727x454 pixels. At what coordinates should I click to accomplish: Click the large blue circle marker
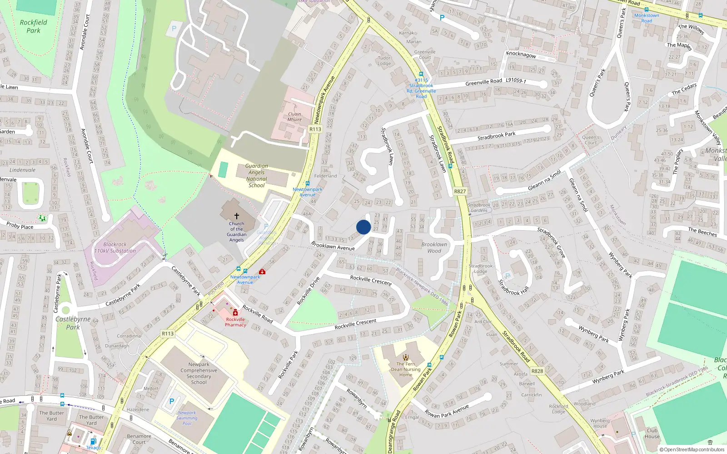click(363, 227)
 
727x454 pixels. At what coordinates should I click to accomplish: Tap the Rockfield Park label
click(33, 26)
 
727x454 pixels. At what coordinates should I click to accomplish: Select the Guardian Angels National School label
click(257, 176)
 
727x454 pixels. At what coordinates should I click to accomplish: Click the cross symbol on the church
click(236, 216)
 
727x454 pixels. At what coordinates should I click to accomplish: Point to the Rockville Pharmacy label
click(235, 322)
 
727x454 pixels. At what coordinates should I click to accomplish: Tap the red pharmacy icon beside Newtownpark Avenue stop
click(262, 271)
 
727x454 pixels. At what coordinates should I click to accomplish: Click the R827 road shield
click(460, 192)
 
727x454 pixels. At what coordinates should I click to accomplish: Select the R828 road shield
click(537, 371)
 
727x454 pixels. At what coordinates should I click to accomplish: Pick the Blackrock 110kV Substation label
click(115, 247)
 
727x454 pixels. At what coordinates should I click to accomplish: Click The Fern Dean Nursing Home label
click(406, 369)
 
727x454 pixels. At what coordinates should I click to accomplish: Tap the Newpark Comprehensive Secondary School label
click(199, 373)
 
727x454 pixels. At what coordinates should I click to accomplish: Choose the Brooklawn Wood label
click(434, 247)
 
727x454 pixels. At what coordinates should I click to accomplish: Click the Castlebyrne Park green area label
click(73, 323)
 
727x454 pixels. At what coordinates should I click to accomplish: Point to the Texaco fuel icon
click(93, 441)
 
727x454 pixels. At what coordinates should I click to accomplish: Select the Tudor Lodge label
click(384, 60)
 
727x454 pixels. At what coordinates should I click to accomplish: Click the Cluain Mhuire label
click(294, 117)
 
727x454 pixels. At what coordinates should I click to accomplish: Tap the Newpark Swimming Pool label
click(187, 418)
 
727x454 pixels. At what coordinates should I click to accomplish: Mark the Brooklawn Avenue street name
click(333, 246)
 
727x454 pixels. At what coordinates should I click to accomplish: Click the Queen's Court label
click(590, 140)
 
